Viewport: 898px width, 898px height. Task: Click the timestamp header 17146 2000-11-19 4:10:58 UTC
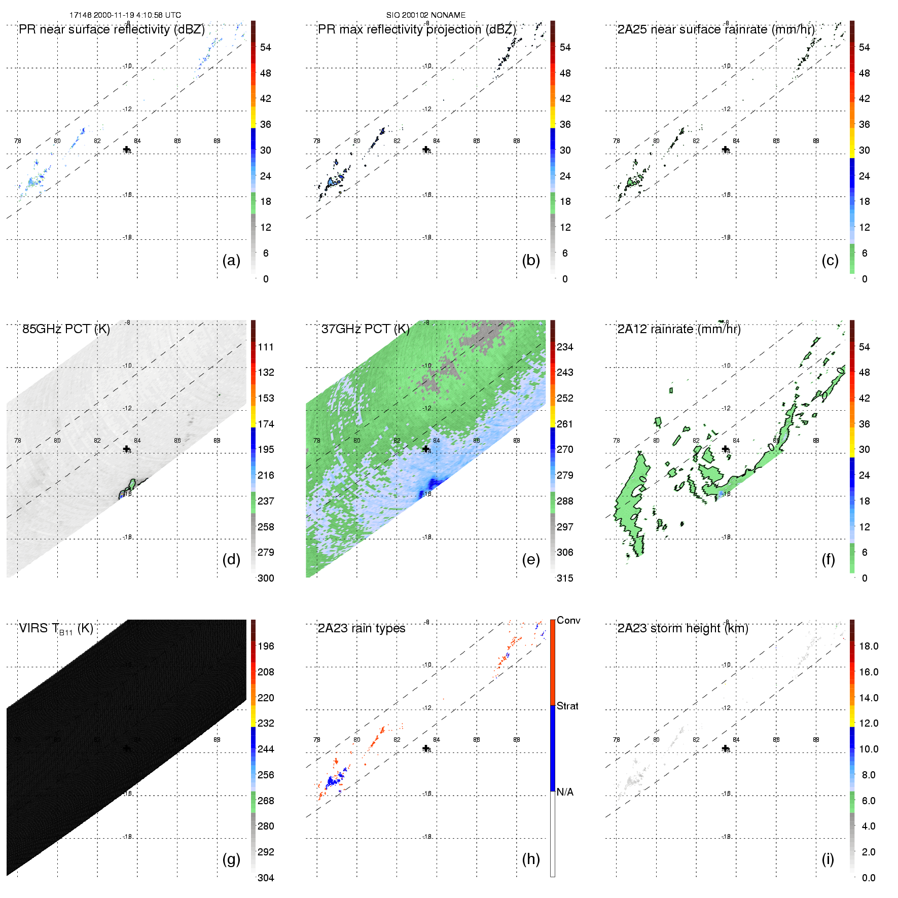125,15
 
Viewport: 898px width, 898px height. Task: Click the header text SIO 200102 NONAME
425,15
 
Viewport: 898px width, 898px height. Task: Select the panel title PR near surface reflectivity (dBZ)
112,29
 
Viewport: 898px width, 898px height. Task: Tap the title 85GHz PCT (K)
66,329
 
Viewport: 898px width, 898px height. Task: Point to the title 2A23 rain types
362,628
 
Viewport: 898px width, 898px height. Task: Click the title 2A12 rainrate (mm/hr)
679,329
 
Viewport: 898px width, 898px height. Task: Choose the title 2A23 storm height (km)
683,628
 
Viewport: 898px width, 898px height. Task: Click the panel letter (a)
231,260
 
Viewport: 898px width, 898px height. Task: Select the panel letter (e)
531,559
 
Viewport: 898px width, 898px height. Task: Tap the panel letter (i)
828,859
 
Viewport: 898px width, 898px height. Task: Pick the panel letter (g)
231,859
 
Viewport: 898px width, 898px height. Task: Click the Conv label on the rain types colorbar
568,620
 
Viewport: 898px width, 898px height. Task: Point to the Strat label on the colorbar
567,706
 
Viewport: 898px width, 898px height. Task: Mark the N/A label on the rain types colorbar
565,792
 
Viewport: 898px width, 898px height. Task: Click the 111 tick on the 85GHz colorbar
266,347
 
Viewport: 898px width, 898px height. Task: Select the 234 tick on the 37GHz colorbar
565,347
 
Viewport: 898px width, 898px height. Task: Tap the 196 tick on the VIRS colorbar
266,646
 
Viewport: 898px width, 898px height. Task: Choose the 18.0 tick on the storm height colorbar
869,646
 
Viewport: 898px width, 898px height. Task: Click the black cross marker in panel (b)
426,150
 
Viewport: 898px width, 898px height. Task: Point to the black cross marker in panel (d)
126,449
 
